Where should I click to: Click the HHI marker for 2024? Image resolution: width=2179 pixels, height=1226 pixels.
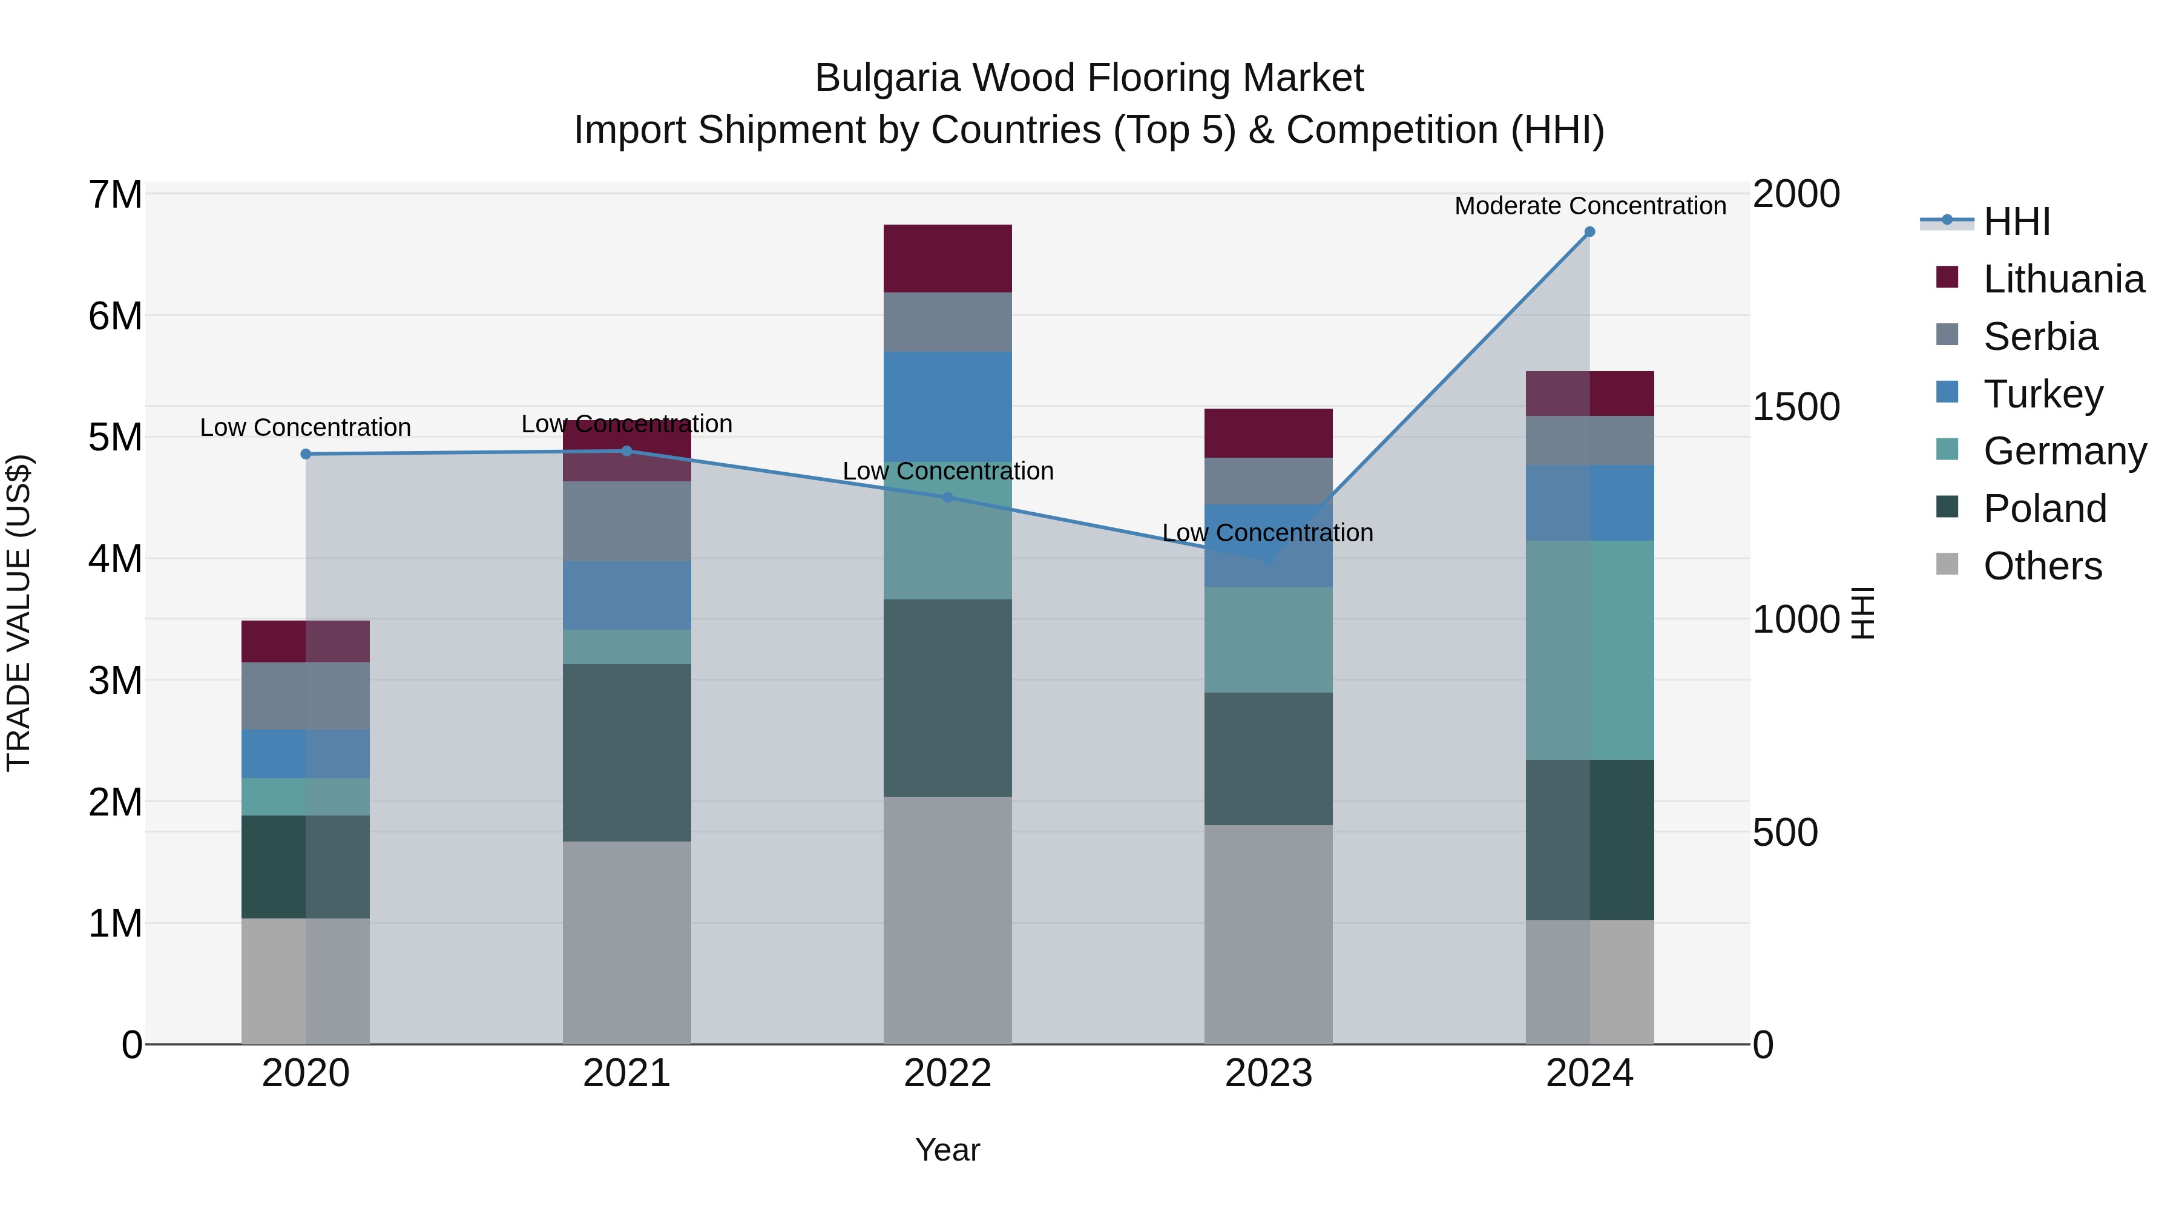click(x=1589, y=232)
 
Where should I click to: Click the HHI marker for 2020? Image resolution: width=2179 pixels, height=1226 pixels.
click(x=306, y=454)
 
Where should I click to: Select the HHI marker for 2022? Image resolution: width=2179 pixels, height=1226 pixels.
click(x=947, y=498)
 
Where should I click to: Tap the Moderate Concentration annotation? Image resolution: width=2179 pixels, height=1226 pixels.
click(x=1589, y=206)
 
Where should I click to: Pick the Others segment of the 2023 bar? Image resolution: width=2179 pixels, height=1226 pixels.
click(x=1268, y=934)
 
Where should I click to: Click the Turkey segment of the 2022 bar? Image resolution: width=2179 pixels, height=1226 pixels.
click(x=947, y=407)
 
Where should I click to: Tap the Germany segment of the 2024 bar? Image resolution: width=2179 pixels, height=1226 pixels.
click(x=1589, y=650)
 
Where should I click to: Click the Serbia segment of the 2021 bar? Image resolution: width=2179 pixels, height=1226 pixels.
click(x=627, y=521)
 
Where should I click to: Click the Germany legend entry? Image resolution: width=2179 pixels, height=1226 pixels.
click(x=2064, y=451)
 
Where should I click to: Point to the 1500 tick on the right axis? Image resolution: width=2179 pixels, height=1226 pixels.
click(x=1795, y=407)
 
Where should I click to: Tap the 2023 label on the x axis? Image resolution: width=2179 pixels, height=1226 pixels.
click(x=1268, y=1073)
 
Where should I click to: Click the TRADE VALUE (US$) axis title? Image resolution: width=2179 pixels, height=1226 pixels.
click(x=19, y=613)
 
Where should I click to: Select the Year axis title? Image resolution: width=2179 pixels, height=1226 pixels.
click(x=947, y=1150)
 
